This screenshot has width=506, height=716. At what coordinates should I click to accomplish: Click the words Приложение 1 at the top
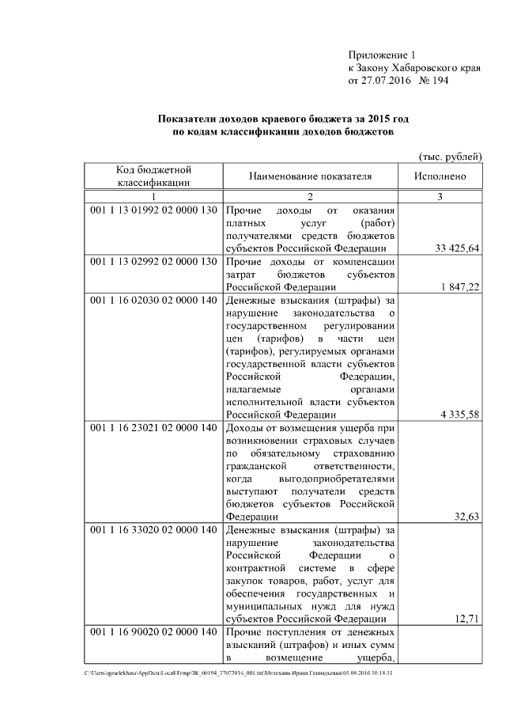point(381,55)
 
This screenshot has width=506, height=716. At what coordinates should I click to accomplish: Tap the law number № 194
point(432,81)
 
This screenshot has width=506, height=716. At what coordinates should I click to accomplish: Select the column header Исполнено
point(440,176)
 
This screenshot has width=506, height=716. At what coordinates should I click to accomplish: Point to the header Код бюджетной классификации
point(154,176)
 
